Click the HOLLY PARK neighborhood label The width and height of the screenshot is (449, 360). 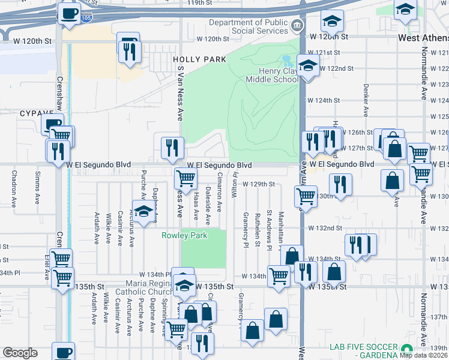point(199,59)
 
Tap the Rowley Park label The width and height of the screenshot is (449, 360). point(184,235)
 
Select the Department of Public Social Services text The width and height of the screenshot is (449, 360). point(248,27)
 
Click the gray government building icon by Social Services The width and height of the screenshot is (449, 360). point(297,26)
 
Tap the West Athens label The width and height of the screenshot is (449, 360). point(423,38)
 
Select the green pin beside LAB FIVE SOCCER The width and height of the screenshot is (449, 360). point(407,349)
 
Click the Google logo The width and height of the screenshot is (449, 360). point(20,353)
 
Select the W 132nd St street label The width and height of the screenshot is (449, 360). point(325,228)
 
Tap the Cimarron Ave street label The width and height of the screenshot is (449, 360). point(220,197)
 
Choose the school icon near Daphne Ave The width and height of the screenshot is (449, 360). point(143,212)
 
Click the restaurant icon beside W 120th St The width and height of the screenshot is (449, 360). point(128,52)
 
